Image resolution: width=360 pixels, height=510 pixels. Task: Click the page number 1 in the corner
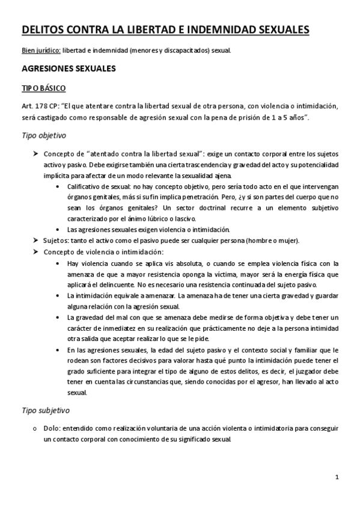(338, 478)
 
